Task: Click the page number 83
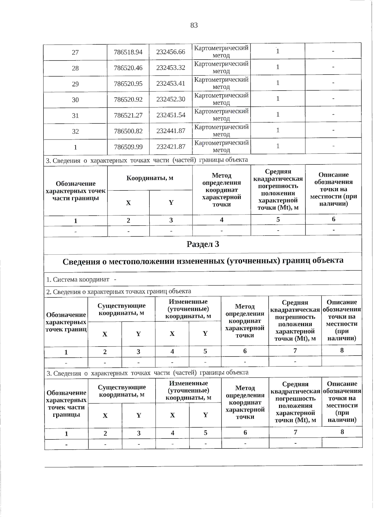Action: pyautogui.click(x=194, y=25)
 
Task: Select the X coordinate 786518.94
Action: pyautogui.click(x=128, y=52)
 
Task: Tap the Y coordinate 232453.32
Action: pyautogui.click(x=171, y=68)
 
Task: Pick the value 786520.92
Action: pyautogui.click(x=128, y=100)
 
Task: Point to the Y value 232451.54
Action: pyautogui.click(x=171, y=115)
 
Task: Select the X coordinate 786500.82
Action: pyautogui.click(x=128, y=131)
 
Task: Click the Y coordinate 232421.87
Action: pyautogui.click(x=171, y=147)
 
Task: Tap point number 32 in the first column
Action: pyautogui.click(x=75, y=131)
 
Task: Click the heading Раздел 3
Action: pyautogui.click(x=203, y=244)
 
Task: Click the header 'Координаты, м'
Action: pyautogui.click(x=150, y=178)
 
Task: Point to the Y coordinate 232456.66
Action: pyautogui.click(x=171, y=52)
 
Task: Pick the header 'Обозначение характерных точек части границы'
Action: pyautogui.click(x=76, y=191)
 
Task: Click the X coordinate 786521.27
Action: pyautogui.click(x=128, y=115)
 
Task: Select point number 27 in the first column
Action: pyautogui.click(x=75, y=52)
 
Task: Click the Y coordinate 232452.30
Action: pyautogui.click(x=171, y=99)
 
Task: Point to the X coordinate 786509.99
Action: pyautogui.click(x=128, y=147)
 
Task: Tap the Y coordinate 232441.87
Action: pyautogui.click(x=171, y=131)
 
